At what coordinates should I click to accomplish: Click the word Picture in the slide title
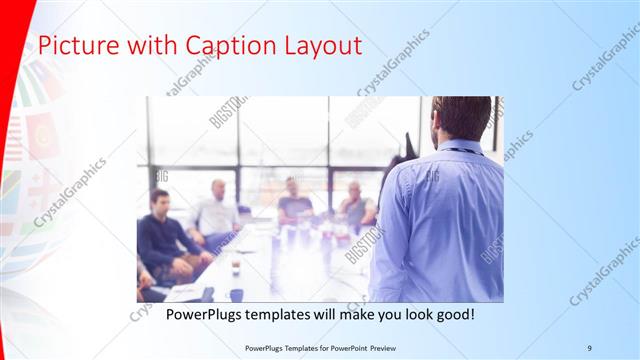tap(67, 46)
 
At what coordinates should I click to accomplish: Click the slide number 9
tap(590, 347)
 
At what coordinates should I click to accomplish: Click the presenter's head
tap(461, 118)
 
